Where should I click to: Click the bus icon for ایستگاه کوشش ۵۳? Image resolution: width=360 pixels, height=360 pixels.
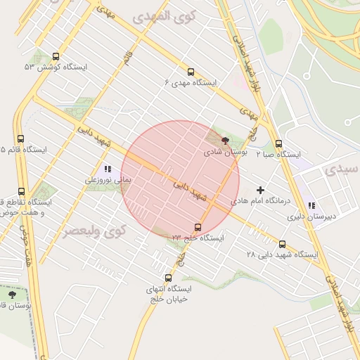point(56,57)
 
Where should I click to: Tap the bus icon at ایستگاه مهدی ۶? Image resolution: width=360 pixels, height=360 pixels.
point(191,72)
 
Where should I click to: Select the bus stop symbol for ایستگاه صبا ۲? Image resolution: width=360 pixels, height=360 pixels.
point(279,143)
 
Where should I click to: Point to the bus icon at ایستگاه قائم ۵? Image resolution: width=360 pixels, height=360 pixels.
point(21,139)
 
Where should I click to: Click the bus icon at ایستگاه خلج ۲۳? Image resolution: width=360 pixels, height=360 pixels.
point(198,227)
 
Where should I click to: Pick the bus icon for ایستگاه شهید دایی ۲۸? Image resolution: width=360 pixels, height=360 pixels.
point(283,244)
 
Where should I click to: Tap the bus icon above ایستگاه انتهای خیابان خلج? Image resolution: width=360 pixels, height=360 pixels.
point(167,278)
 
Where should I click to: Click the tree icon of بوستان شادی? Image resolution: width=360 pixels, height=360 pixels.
point(225,140)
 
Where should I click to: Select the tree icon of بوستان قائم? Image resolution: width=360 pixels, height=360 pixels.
point(11,295)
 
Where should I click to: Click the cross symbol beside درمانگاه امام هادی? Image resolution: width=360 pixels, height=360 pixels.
point(261,190)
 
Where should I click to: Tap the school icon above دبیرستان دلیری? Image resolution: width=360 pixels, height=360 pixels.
point(311,205)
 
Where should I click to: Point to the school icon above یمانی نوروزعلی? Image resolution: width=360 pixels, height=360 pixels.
point(108,169)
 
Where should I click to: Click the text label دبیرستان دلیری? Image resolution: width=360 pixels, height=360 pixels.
point(311,217)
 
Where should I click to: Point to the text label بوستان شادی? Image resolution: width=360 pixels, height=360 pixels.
point(221,151)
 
